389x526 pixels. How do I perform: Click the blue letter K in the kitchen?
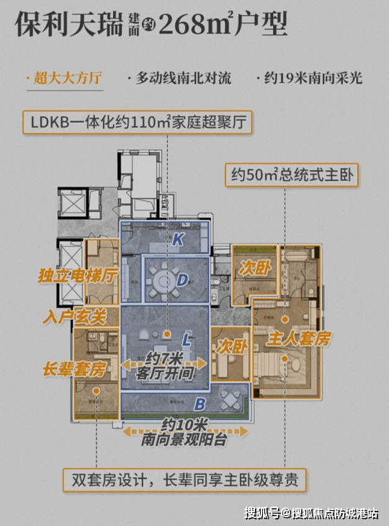(178, 239)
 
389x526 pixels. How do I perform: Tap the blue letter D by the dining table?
(182, 280)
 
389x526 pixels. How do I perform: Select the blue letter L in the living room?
(187, 341)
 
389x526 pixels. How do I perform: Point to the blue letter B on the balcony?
(200, 404)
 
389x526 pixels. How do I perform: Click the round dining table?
(164, 281)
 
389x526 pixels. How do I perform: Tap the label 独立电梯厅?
(78, 276)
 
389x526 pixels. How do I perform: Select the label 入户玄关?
(74, 316)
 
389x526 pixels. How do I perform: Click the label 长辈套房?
(74, 370)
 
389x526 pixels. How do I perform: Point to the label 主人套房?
(298, 339)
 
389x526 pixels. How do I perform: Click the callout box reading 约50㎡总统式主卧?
(292, 175)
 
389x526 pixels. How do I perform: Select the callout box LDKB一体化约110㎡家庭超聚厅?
(138, 122)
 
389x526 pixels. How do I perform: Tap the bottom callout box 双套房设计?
(184, 481)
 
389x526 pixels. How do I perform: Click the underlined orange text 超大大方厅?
(68, 78)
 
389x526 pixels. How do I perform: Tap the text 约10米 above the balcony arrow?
(184, 425)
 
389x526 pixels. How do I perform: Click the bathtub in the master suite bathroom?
(296, 254)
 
